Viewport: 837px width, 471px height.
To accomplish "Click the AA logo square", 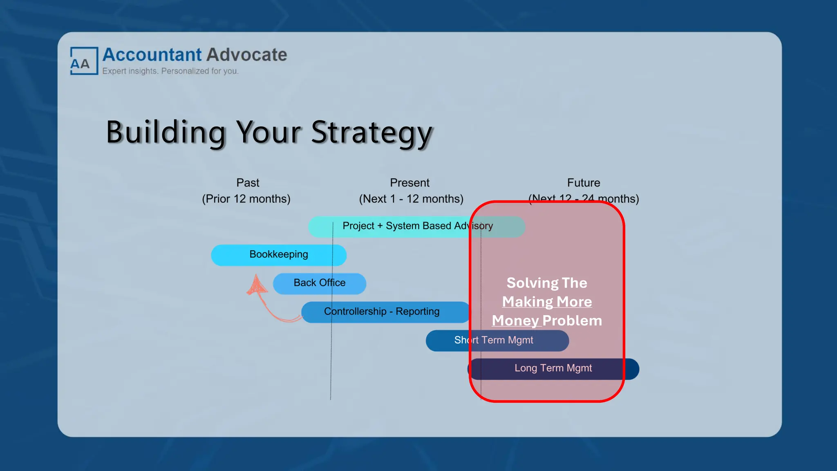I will (x=84, y=61).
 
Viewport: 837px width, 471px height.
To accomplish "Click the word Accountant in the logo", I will (x=152, y=55).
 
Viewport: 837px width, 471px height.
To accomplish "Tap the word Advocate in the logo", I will (x=246, y=55).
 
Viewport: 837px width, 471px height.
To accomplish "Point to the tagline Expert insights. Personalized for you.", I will (x=170, y=71).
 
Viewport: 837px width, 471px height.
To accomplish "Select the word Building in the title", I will (x=166, y=132).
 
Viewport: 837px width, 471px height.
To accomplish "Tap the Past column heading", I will (x=248, y=183).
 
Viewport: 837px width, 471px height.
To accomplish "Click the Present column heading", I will (x=410, y=183).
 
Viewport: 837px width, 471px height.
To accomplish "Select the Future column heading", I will (x=583, y=183).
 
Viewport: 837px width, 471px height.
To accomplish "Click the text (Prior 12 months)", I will (x=246, y=199).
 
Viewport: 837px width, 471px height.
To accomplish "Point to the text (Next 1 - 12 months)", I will (x=411, y=199).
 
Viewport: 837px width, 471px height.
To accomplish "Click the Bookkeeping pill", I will (x=279, y=255).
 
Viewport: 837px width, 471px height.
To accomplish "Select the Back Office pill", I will (x=319, y=283).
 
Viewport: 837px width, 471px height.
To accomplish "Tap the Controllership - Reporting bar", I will (x=382, y=312).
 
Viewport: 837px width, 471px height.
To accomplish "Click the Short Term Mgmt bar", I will (x=494, y=340).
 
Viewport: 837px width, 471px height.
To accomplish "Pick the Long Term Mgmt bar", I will (x=553, y=368).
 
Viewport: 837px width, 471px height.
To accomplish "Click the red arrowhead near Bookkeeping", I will (x=256, y=285).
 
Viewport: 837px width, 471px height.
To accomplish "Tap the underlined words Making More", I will (x=547, y=302).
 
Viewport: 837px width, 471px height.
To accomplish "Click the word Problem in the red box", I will (x=572, y=321).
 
